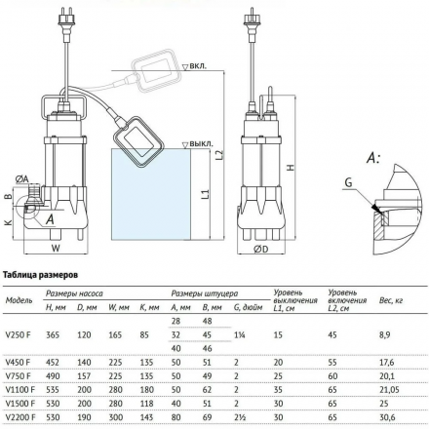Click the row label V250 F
(19, 334)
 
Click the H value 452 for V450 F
(55, 360)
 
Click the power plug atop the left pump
(60, 18)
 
